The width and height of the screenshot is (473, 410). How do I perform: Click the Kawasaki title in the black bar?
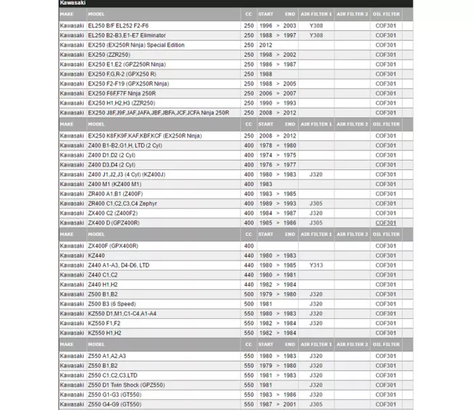click(x=73, y=3)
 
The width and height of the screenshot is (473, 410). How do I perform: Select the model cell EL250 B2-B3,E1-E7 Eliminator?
click(x=126, y=35)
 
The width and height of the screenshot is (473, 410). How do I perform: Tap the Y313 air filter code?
click(x=316, y=265)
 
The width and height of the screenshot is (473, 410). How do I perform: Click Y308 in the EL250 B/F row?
click(x=316, y=26)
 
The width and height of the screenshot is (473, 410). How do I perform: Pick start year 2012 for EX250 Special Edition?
click(x=266, y=45)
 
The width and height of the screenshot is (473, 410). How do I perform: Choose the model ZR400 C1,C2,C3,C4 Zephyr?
click(x=122, y=203)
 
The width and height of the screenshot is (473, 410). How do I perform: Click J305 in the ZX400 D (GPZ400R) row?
click(x=316, y=223)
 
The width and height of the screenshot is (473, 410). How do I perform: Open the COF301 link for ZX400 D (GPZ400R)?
click(x=386, y=223)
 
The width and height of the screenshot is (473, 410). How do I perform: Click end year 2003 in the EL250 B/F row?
click(x=289, y=26)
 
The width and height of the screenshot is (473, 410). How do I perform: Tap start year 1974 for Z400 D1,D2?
click(x=266, y=155)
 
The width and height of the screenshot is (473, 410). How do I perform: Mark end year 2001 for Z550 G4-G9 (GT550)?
click(x=289, y=404)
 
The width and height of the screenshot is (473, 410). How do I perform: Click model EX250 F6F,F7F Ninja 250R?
click(x=122, y=93)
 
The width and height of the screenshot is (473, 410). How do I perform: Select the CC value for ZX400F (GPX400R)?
click(x=249, y=246)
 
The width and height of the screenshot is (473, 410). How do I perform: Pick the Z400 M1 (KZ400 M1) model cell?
click(x=114, y=184)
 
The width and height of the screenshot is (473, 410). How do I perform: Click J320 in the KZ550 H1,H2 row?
click(x=316, y=332)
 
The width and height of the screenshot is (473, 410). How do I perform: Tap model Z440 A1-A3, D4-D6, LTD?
click(x=119, y=265)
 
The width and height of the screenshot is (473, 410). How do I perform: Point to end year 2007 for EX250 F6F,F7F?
click(x=289, y=93)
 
